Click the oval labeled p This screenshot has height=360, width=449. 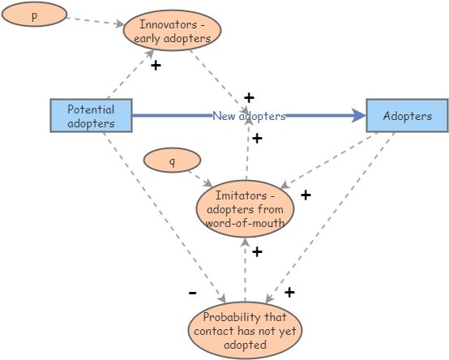coord(33,15)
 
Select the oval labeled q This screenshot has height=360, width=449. coord(172,161)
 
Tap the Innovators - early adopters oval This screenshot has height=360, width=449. coord(172,31)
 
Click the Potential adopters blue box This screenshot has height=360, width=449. coord(91,116)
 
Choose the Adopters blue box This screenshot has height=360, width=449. coord(406,116)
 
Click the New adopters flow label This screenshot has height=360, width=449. coord(249,116)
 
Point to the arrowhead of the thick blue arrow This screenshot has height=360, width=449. coord(358,116)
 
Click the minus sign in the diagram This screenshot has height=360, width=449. coord(192,292)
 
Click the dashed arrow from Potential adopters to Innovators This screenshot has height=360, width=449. coord(130,75)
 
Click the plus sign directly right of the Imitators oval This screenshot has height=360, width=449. coord(306,195)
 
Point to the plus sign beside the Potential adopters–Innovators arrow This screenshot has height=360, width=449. coord(155,65)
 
